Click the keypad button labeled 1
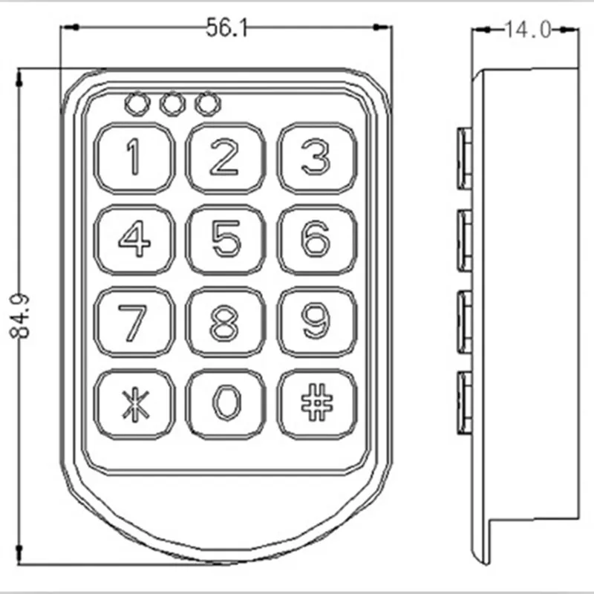coord(134,158)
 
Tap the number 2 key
coord(226,158)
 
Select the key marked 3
coord(317,158)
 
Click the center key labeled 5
coord(226,239)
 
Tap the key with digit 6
coord(317,239)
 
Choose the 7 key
coord(134,322)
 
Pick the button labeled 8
coord(226,322)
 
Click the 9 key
coord(317,322)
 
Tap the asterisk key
coord(134,404)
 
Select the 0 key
coord(226,404)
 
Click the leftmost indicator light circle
coord(137,104)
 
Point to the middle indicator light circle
coord(173,104)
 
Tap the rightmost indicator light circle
coord(208,104)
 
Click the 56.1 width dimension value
coord(226,28)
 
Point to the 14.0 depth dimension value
coord(528,30)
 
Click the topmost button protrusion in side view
coord(465,158)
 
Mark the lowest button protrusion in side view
coord(465,402)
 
